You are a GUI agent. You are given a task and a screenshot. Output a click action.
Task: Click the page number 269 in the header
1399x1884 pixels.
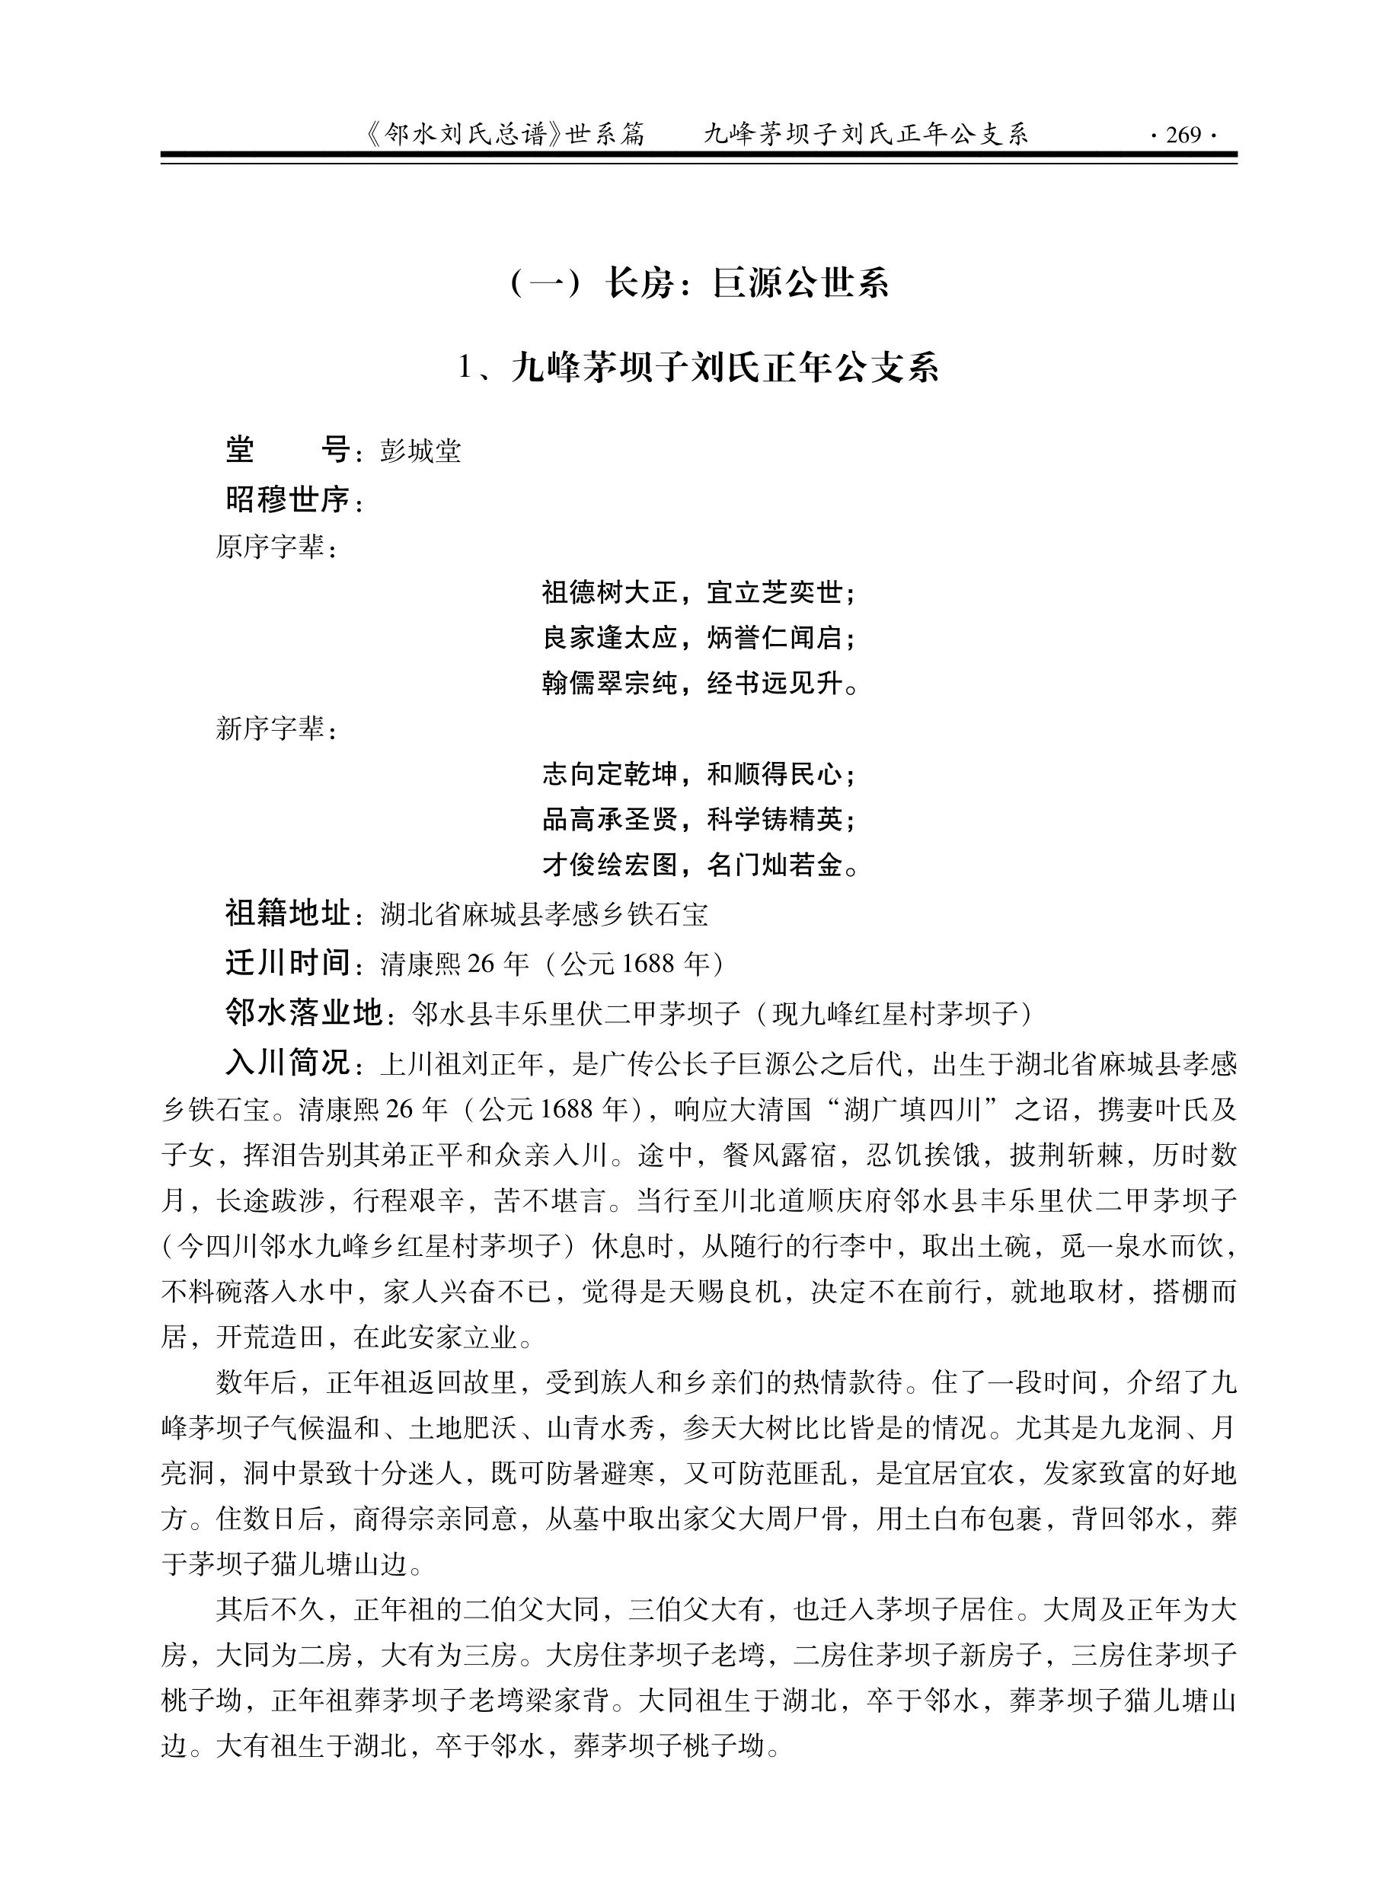(x=1183, y=135)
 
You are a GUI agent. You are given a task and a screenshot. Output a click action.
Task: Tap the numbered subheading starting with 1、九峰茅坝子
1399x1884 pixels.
(x=699, y=368)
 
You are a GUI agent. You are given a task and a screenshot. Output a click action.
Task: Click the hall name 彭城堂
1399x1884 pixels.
(x=420, y=452)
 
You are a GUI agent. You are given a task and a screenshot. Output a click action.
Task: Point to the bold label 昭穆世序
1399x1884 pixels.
(x=288, y=500)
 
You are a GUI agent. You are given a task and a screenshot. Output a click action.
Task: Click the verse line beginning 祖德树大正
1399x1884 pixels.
(x=699, y=592)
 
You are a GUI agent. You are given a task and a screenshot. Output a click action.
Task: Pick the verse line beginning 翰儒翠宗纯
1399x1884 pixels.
(x=699, y=683)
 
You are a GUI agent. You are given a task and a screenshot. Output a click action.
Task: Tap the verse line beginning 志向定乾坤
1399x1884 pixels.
(x=699, y=773)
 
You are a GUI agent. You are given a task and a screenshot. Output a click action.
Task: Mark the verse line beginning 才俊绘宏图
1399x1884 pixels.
(x=699, y=865)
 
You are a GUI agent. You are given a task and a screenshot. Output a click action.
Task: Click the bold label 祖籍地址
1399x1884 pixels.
(x=288, y=914)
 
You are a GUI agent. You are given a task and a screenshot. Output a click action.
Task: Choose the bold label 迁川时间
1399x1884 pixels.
(x=288, y=963)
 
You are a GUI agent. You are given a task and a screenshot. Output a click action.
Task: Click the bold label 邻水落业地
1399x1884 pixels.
(x=303, y=1012)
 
